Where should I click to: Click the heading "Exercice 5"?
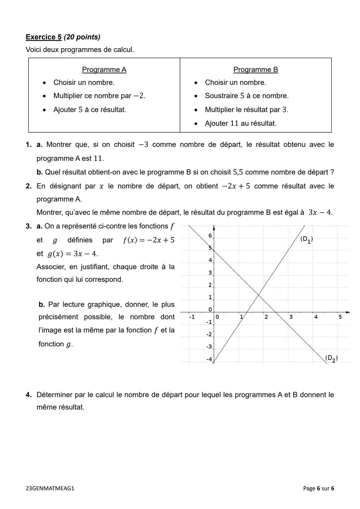(44, 37)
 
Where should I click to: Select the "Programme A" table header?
(104, 70)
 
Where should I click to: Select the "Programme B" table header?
(255, 70)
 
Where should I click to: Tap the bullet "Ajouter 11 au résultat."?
(240, 123)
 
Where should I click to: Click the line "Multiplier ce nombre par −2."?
(99, 96)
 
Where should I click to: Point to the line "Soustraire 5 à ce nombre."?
(246, 96)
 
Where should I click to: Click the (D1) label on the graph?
(306, 239)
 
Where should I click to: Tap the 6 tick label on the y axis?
(210, 236)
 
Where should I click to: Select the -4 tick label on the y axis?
(209, 359)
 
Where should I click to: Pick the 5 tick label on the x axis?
(340, 317)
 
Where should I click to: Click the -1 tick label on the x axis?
(192, 317)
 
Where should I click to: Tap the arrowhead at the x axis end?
(348, 312)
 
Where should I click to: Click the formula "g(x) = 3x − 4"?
(73, 254)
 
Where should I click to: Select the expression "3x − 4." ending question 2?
(320, 213)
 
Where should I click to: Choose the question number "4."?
(29, 395)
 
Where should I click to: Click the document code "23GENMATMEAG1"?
(50, 488)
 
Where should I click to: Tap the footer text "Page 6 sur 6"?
(318, 488)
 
